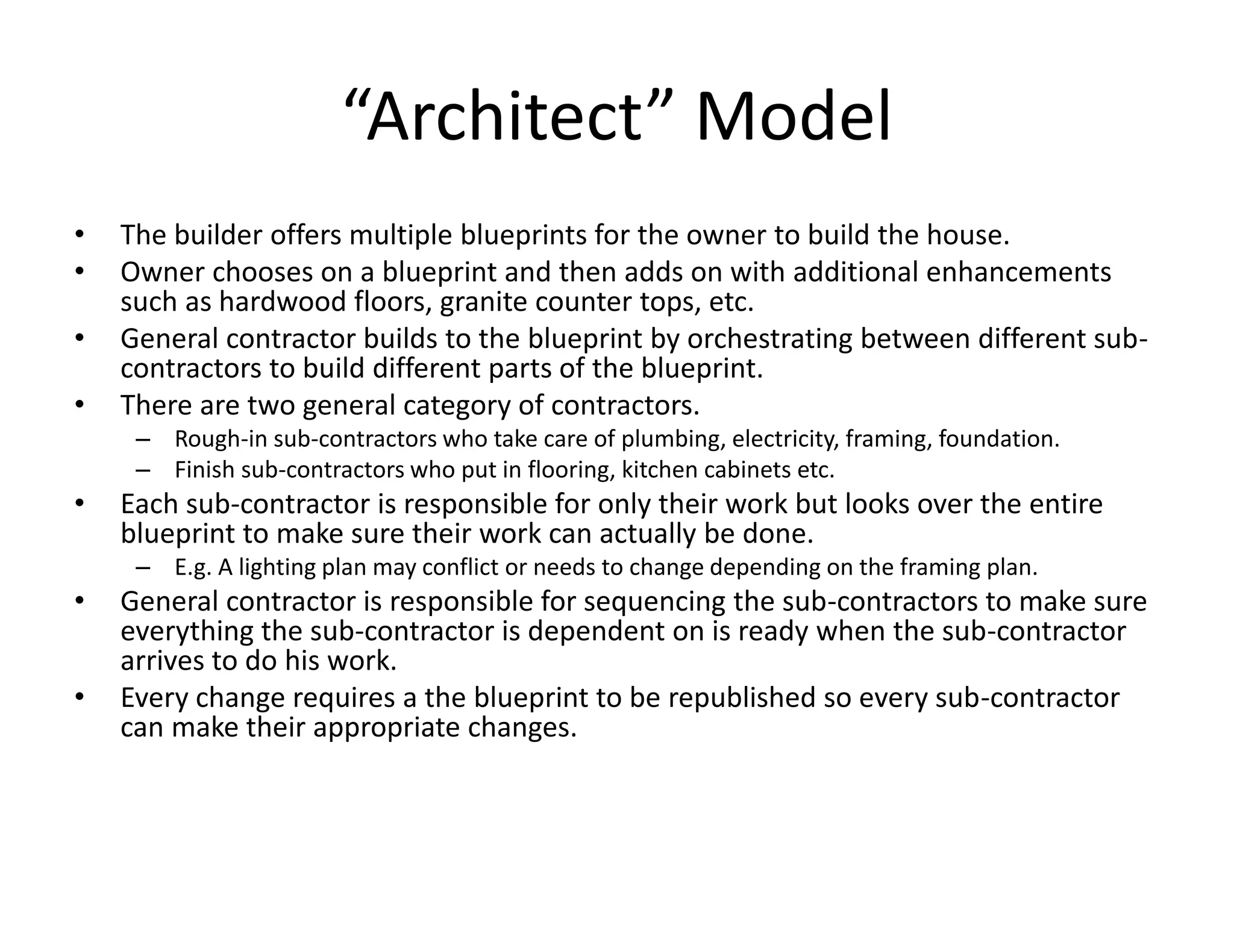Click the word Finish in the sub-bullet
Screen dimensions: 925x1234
pos(204,470)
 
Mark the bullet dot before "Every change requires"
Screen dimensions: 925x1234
pos(79,697)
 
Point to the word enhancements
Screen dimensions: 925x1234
pos(1018,272)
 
